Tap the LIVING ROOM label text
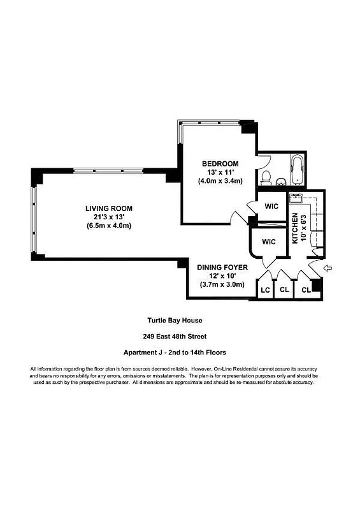tap(109, 208)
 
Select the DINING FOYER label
tap(220, 267)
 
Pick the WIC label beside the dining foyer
tap(268, 242)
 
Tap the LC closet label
tap(265, 290)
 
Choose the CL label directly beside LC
tap(285, 290)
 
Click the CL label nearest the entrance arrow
tap(306, 290)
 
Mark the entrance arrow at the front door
tap(328, 268)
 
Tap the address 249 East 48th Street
tap(175, 337)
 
